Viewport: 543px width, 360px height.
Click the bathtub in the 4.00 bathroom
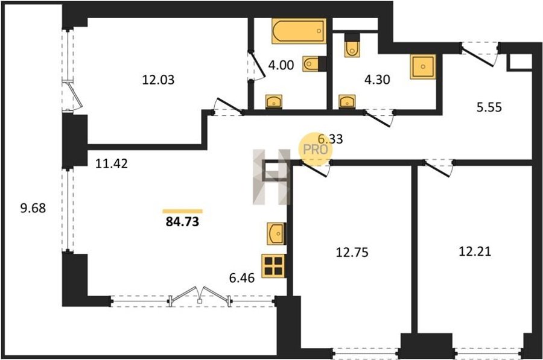(299, 31)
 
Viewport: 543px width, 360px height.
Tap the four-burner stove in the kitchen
(273, 266)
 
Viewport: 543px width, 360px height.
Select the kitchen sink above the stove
(276, 233)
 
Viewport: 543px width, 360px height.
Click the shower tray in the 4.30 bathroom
(422, 66)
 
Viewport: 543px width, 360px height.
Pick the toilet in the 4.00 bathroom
(311, 64)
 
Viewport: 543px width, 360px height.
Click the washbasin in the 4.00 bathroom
(273, 101)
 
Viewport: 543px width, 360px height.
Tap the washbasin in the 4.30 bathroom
(347, 101)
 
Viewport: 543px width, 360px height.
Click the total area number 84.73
(182, 221)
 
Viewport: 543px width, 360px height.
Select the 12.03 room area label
(158, 80)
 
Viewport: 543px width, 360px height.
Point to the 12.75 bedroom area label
(352, 252)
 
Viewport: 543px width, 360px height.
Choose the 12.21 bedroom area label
(475, 251)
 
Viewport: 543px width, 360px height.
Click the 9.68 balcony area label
(33, 209)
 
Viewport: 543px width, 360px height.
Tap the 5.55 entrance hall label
(489, 107)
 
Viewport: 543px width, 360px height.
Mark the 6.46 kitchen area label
(242, 277)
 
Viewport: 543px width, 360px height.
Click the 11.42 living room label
(112, 163)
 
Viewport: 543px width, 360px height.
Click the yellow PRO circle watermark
(316, 149)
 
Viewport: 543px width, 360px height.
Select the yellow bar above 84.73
(182, 211)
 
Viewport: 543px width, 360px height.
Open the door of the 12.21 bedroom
(438, 169)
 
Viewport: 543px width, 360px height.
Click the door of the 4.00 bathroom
(256, 66)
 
